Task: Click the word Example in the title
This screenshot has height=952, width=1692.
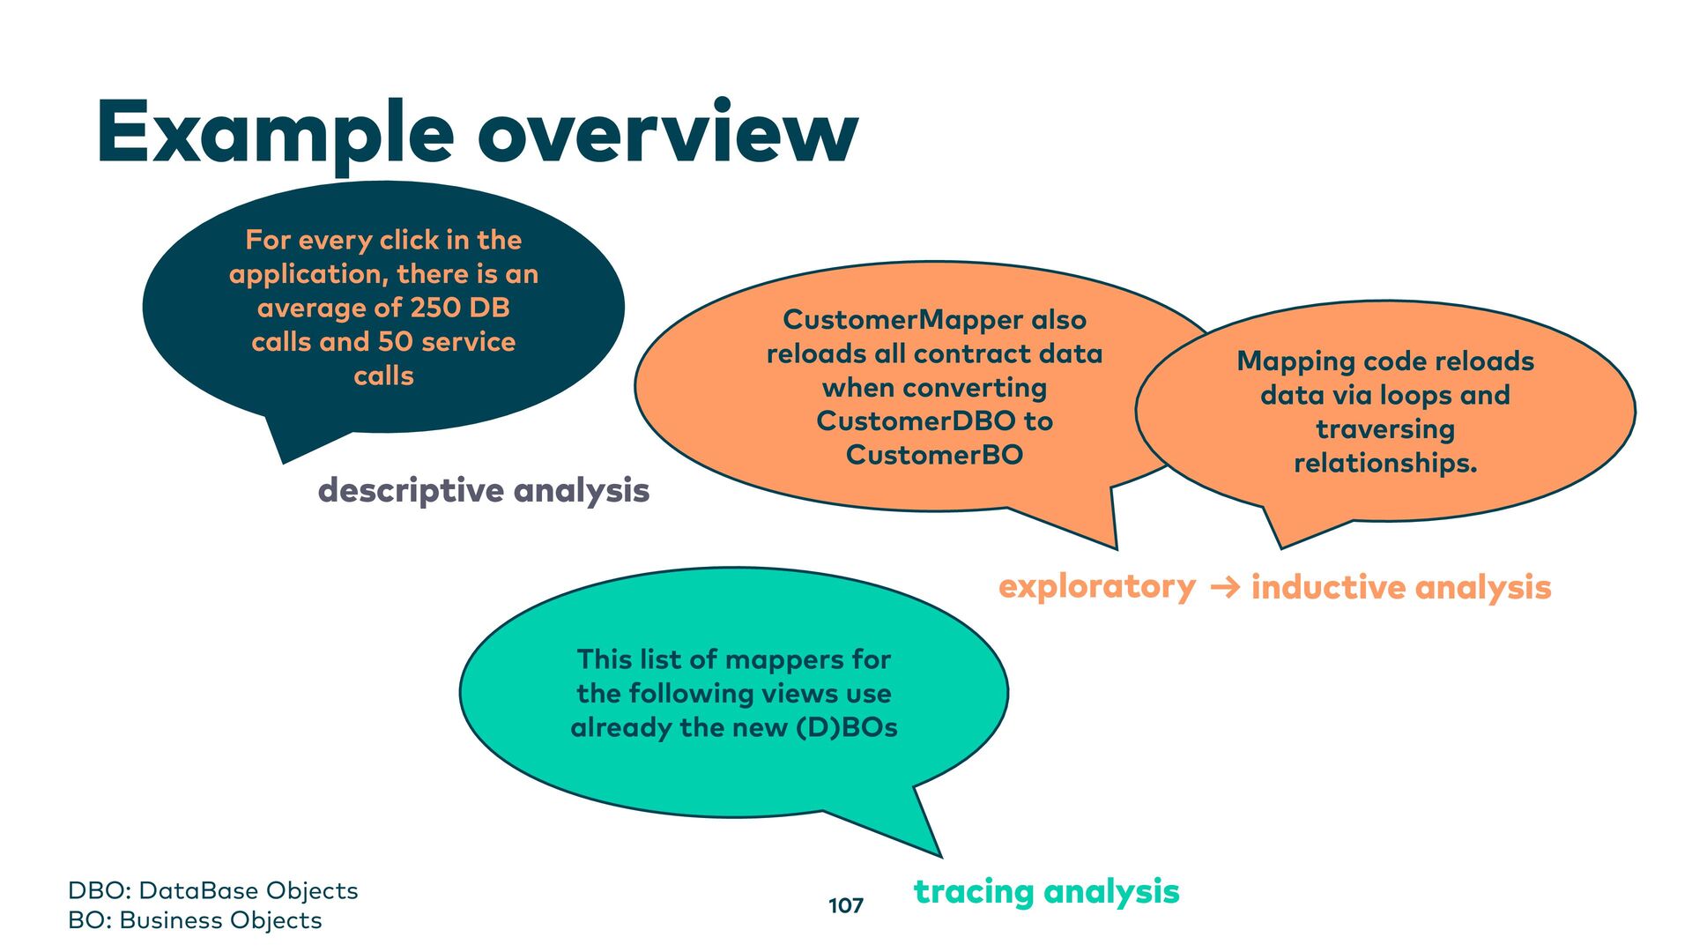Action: click(275, 134)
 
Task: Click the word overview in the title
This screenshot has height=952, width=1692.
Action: click(667, 134)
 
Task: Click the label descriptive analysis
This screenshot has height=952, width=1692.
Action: click(483, 490)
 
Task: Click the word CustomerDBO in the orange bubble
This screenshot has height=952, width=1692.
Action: click(916, 421)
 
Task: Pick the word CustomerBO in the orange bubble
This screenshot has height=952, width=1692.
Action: click(934, 455)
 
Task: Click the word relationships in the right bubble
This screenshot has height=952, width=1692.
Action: click(1382, 464)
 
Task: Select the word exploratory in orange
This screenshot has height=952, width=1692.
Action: click(1097, 586)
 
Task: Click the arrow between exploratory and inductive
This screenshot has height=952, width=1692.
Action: click(1225, 587)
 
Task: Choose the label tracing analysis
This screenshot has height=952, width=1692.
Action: click(1046, 891)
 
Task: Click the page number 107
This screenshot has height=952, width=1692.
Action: click(846, 905)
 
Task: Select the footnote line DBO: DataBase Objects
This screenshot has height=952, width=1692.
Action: click(213, 890)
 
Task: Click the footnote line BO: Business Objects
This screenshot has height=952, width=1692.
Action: click(195, 920)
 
